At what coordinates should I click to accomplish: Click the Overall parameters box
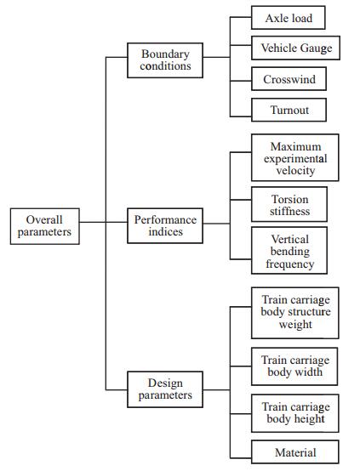pos(45,226)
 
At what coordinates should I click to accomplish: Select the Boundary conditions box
pos(165,60)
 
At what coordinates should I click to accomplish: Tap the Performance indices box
pos(165,226)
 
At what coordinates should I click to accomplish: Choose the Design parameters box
pos(165,389)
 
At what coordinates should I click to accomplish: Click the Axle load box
pos(289,18)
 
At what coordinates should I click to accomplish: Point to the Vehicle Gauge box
pos(295,48)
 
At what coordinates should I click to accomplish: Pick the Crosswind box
pos(289,79)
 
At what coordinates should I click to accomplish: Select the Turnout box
pos(289,110)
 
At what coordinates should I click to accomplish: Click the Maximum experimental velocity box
pos(295,157)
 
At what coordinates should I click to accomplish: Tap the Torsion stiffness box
pos(289,205)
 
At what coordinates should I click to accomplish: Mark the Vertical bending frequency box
pos(289,251)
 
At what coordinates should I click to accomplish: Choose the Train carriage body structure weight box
pos(295,313)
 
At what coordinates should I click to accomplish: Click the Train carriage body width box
pos(294,366)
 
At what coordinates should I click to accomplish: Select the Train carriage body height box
pos(295,413)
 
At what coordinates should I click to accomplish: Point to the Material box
pos(295,452)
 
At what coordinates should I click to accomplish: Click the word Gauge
pos(316,48)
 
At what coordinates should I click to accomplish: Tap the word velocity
pos(295,171)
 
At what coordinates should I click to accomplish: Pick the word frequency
pos(290,264)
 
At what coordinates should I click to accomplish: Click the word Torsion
pos(290,199)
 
